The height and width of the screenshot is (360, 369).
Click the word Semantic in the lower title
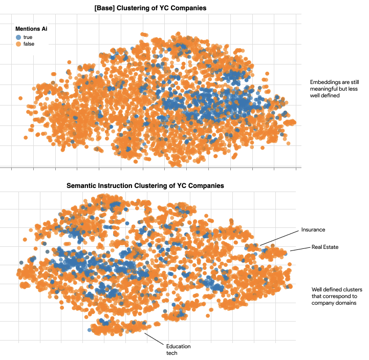pos(82,185)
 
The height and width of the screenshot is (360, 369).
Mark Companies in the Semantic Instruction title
pos(207,185)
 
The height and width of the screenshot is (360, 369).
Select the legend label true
pos(28,37)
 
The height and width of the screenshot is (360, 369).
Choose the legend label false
pos(29,44)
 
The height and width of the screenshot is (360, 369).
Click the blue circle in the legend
pos(18,37)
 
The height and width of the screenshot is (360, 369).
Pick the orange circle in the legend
pos(18,44)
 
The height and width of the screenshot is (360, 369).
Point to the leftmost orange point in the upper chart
pos(20,98)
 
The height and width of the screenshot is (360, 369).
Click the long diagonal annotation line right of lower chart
pos(278,239)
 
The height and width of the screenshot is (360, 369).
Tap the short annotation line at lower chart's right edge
pos(293,250)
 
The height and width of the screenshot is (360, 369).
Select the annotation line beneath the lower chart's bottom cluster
pos(153,338)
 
